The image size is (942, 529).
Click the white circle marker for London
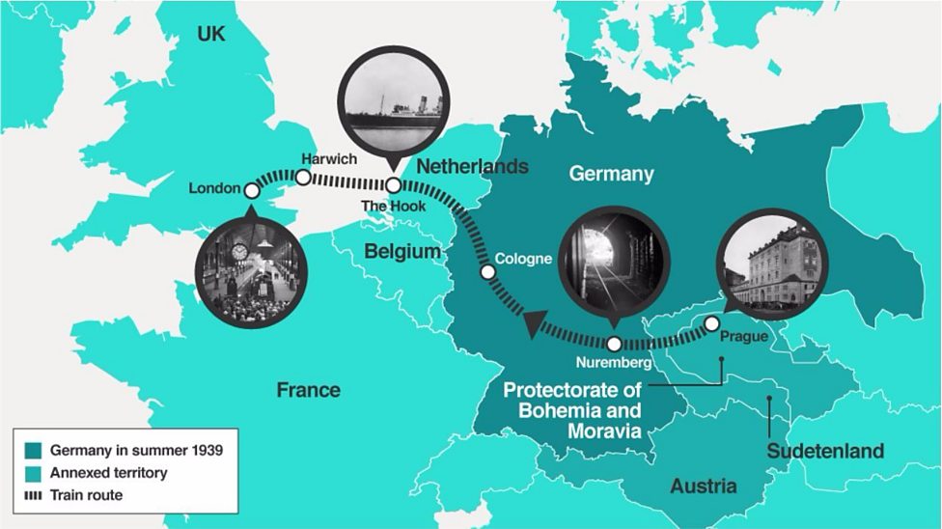(x=252, y=188)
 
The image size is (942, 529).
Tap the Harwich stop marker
(x=302, y=178)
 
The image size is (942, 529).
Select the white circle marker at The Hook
(x=394, y=184)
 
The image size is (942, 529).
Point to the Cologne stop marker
(x=487, y=272)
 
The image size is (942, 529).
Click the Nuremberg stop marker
(x=615, y=344)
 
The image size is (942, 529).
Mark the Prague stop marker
(x=711, y=323)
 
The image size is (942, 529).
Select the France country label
(x=308, y=390)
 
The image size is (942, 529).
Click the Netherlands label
(x=472, y=166)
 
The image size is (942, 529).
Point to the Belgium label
(x=402, y=252)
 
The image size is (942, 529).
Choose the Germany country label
(x=611, y=174)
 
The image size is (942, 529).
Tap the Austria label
(x=703, y=486)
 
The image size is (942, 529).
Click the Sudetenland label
(x=825, y=451)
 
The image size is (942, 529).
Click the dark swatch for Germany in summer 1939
(x=33, y=451)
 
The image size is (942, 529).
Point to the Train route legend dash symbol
(x=33, y=495)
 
